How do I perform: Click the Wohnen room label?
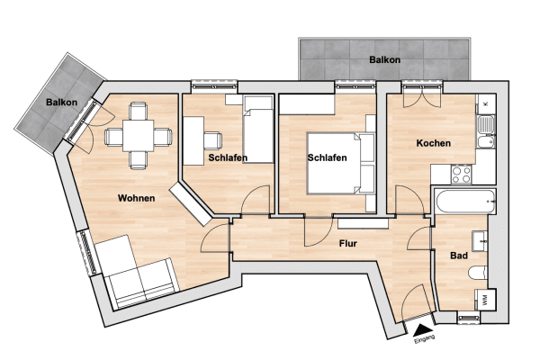(136, 198)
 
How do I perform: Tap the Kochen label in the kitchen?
(433, 144)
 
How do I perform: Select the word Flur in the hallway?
(351, 243)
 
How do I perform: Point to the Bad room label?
(459, 256)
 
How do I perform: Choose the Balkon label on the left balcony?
(62, 103)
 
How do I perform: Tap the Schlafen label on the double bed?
(328, 157)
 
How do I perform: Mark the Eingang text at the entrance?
(424, 337)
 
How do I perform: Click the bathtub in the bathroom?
(463, 201)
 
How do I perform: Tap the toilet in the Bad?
(479, 273)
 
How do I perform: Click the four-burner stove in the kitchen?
(462, 174)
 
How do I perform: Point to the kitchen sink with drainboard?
(486, 131)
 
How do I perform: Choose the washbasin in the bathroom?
(483, 241)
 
